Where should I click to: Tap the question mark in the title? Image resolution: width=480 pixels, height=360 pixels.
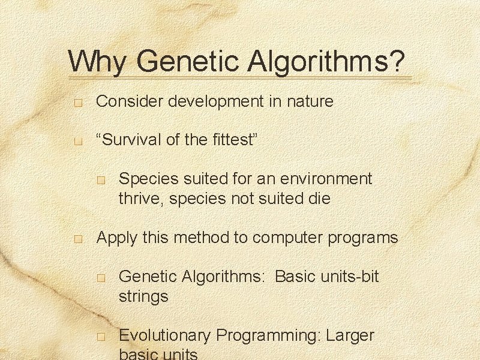click(397, 62)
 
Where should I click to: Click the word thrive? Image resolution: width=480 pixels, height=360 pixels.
click(142, 199)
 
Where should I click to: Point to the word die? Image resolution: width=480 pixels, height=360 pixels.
click(318, 199)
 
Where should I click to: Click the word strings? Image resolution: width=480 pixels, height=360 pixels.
click(143, 296)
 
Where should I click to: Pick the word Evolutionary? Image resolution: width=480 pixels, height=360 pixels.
click(165, 335)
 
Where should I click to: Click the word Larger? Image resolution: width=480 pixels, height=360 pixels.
click(350, 335)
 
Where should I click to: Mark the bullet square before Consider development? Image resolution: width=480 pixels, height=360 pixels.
click(77, 103)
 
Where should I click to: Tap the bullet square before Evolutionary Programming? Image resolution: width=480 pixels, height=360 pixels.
click(101, 337)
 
